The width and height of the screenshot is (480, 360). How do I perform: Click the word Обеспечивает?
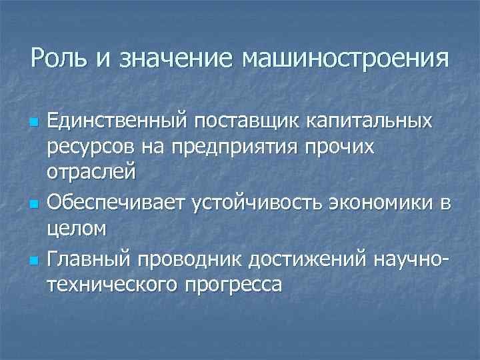pos(117,201)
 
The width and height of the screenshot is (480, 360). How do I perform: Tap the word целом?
pos(76,229)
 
